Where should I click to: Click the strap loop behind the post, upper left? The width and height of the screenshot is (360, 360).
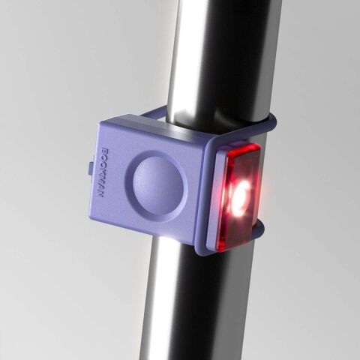click(153, 112)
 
